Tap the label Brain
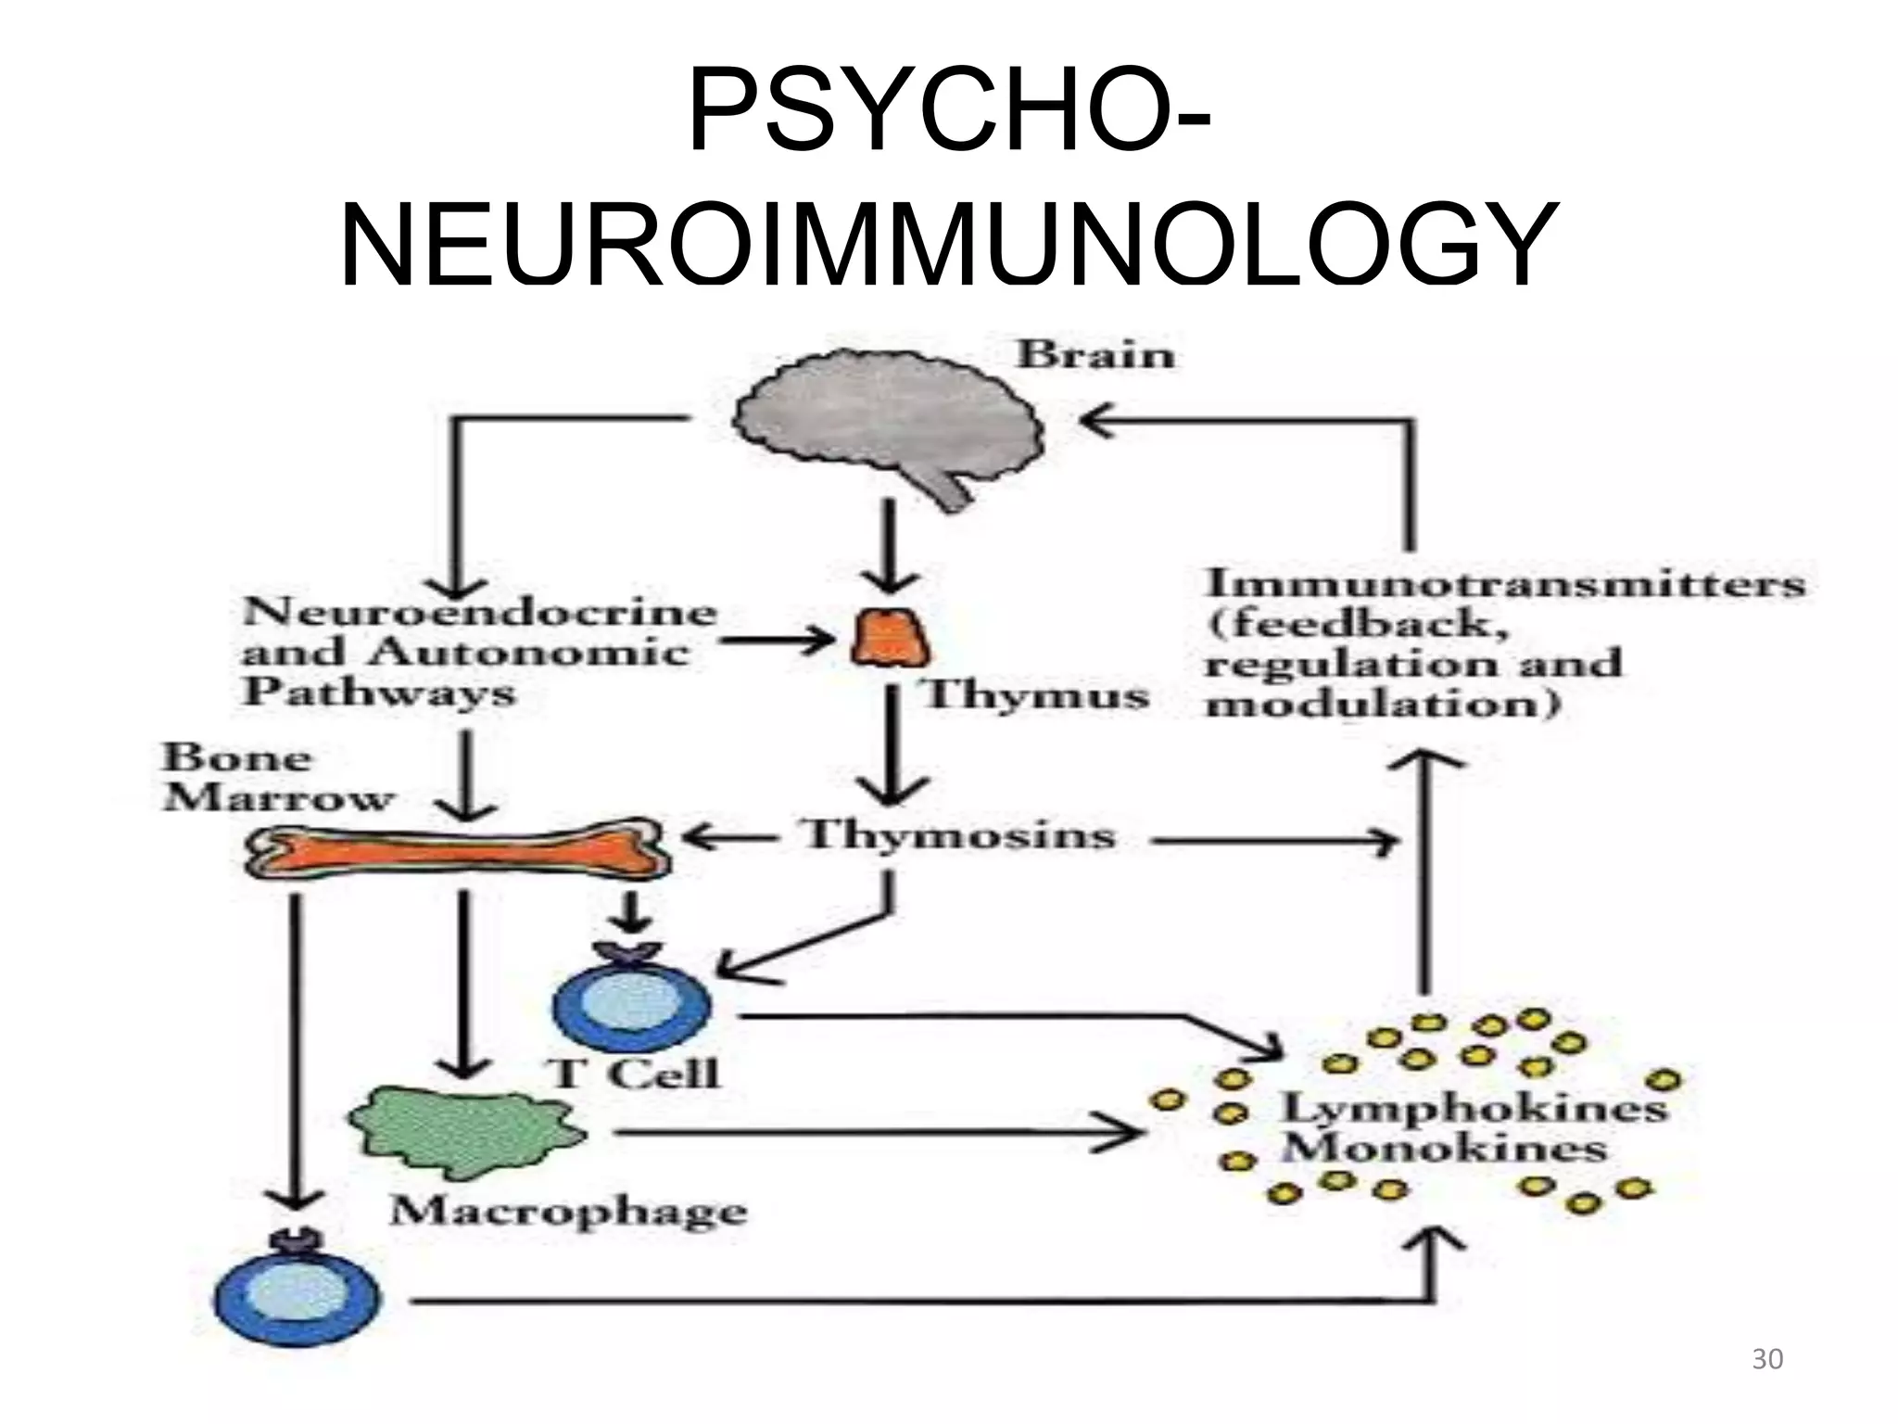(x=1095, y=355)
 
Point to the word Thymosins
(x=959, y=835)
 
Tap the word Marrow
(x=278, y=798)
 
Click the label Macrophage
(x=568, y=1212)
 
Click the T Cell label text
(x=635, y=1074)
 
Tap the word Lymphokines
(x=1474, y=1108)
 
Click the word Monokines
(x=1444, y=1150)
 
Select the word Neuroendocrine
(x=479, y=612)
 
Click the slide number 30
(x=1767, y=1359)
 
